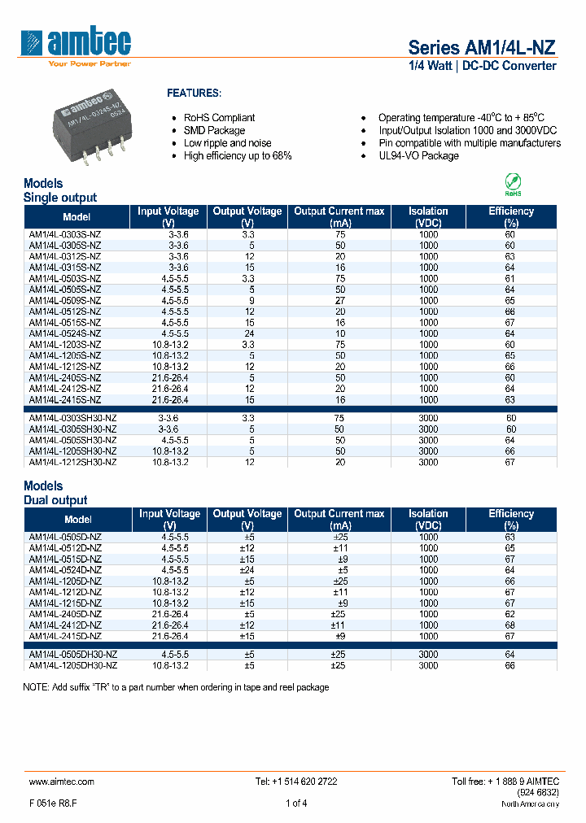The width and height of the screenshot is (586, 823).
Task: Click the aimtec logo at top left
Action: (x=77, y=45)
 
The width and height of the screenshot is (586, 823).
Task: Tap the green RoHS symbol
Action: (x=514, y=182)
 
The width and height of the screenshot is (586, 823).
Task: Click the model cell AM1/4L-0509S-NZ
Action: (x=65, y=300)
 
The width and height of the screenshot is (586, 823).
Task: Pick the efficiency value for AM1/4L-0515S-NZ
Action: (x=510, y=322)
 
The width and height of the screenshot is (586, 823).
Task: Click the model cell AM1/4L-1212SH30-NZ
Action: (x=72, y=462)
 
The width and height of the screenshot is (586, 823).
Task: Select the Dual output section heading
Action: (x=55, y=500)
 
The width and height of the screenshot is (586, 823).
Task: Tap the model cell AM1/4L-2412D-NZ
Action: (x=65, y=625)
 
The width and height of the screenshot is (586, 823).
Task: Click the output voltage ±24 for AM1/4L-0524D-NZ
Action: (x=247, y=570)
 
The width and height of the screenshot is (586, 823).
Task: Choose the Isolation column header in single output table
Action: (x=428, y=216)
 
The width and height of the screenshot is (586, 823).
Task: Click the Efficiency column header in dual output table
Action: (x=510, y=519)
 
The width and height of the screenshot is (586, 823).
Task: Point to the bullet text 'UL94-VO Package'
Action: (x=418, y=155)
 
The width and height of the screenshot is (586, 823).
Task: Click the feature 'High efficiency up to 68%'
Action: (x=238, y=155)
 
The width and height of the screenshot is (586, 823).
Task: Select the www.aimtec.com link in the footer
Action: (x=62, y=781)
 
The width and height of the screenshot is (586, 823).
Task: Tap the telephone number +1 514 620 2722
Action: (x=296, y=781)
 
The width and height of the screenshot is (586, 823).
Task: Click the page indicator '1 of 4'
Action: (x=296, y=803)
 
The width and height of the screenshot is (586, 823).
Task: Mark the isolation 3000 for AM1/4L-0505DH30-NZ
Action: (x=428, y=655)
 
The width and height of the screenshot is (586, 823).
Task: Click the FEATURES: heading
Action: (x=194, y=94)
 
